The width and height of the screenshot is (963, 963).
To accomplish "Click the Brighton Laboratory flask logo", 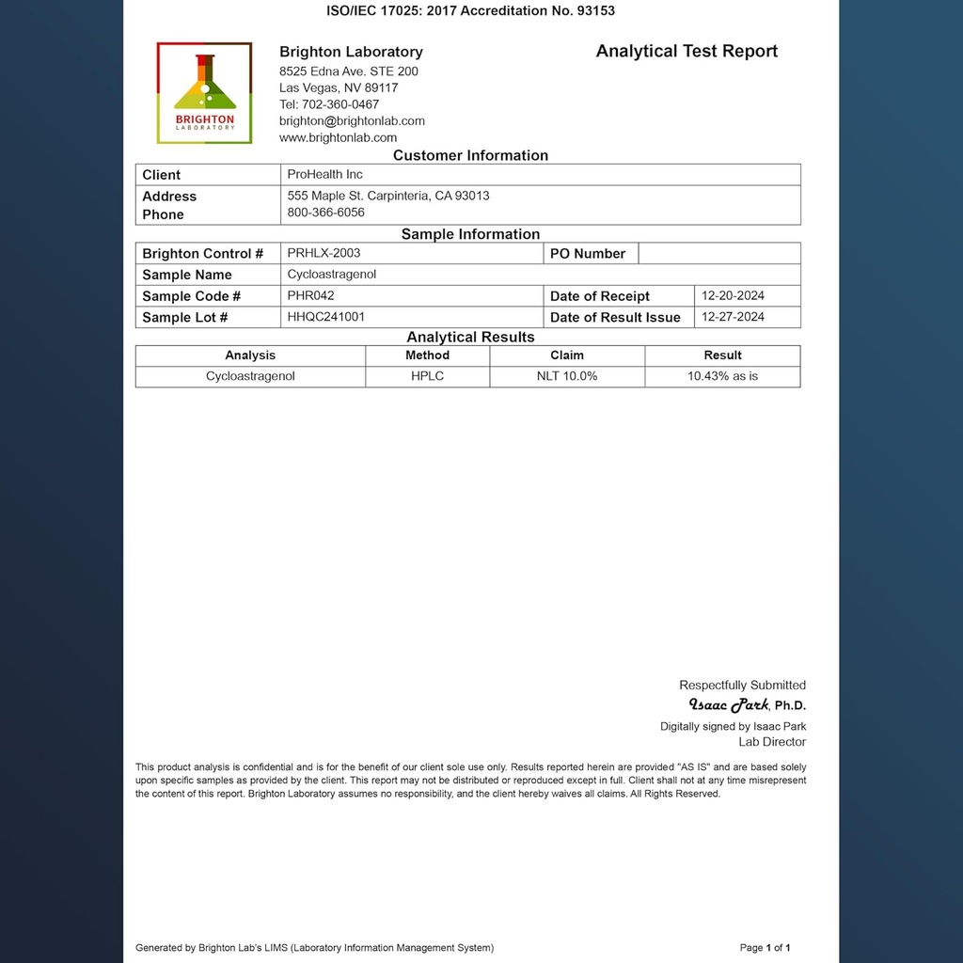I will click(x=204, y=92).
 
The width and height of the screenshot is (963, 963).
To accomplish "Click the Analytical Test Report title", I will click(x=687, y=52).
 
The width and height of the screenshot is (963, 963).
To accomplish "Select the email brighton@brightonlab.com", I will click(x=352, y=121).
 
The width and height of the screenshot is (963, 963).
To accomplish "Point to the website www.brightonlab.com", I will click(x=338, y=137).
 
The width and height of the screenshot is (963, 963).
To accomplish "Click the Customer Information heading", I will click(x=470, y=156).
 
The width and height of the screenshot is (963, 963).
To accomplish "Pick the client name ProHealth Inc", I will click(x=324, y=175).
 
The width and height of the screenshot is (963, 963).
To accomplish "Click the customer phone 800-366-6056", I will click(x=325, y=213).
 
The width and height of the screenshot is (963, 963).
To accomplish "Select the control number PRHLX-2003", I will click(x=324, y=253).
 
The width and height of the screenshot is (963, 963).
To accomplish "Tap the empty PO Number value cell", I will click(x=719, y=254).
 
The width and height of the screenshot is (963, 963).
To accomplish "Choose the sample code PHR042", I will click(x=310, y=295).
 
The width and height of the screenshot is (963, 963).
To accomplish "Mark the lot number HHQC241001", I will click(x=325, y=317).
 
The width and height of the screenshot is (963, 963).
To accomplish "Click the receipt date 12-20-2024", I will click(x=733, y=295).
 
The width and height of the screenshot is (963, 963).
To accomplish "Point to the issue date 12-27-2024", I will click(x=733, y=317).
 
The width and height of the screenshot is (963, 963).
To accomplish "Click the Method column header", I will click(x=427, y=355).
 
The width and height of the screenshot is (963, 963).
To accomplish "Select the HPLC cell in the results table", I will click(x=427, y=376).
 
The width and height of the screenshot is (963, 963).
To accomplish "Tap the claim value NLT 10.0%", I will click(x=567, y=376).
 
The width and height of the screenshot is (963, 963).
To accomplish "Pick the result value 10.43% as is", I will click(x=722, y=376).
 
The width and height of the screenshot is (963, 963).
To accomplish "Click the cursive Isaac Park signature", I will click(x=729, y=704).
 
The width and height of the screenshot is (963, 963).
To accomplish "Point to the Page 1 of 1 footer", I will click(x=765, y=948).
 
